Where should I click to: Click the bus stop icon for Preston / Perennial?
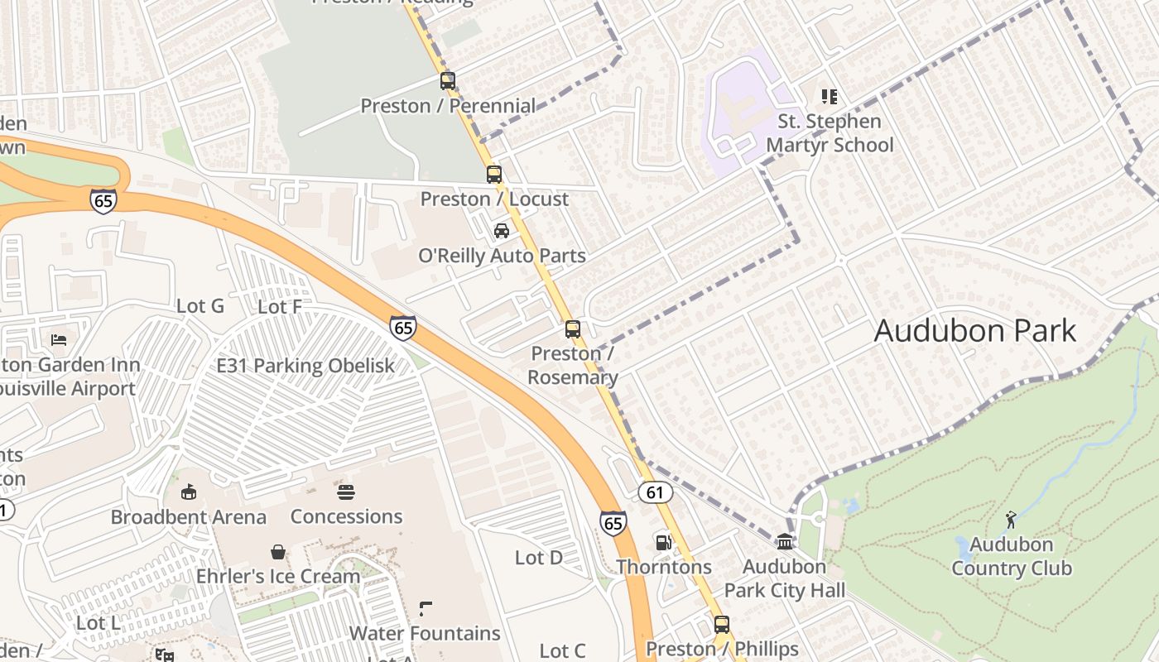448,81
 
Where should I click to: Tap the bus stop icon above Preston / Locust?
494,175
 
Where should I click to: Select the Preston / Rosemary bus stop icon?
573,329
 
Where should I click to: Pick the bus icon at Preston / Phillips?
722,625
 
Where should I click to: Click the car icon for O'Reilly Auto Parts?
502,231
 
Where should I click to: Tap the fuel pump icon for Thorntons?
663,543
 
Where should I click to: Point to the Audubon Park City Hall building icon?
785,542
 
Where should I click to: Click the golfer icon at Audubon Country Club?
1011,520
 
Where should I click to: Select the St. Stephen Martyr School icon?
830,97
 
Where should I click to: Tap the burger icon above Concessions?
346,492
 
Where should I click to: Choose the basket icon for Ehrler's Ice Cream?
278,552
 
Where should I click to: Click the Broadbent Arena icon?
189,492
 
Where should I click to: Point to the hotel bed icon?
59,340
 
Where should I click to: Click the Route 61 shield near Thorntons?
655,492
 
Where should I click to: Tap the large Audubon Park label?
974,331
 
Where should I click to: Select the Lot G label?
200,306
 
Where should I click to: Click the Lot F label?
280,307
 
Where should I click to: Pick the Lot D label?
539,558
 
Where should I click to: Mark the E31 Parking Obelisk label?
305,366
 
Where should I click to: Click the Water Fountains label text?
425,634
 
